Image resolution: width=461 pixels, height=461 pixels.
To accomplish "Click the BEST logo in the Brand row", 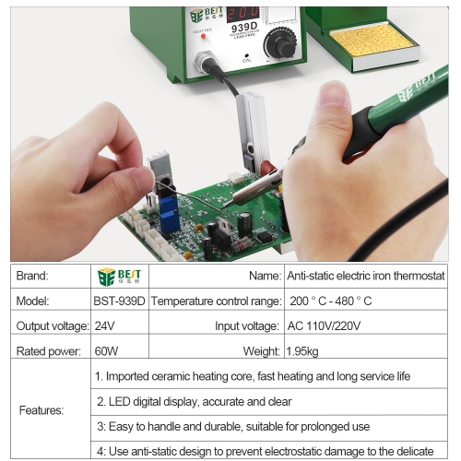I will (120, 276).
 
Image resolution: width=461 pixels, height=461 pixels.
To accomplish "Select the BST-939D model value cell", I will (120, 301).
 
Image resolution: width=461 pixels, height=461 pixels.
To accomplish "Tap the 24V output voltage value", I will (105, 325).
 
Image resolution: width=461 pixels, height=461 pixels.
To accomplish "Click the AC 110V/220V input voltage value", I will (322, 325).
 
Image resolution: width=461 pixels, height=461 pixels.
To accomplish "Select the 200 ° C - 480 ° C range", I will (330, 301).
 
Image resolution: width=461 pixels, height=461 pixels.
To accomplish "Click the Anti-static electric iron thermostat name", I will (366, 276).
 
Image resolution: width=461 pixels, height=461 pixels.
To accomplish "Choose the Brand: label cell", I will (32, 276).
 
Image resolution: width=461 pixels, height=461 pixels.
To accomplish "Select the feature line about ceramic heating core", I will (253, 376).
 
